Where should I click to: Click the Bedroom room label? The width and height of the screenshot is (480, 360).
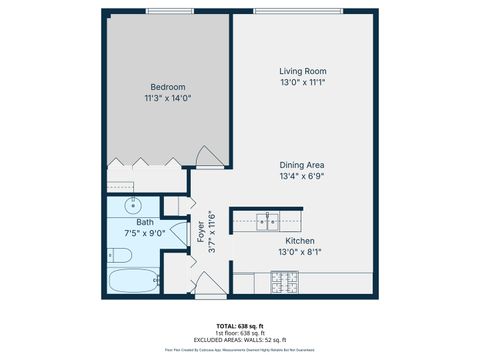pos(167,87)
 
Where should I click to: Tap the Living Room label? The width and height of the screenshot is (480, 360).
pos(303,72)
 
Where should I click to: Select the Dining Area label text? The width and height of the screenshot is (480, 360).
pos(303,165)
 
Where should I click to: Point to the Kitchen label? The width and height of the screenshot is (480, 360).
pos(301,241)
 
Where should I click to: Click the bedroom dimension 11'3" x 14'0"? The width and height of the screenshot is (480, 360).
pos(167,98)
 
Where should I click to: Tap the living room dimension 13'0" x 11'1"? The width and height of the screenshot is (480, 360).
pos(303,83)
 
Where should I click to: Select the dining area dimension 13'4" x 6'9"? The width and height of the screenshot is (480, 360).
pos(303,176)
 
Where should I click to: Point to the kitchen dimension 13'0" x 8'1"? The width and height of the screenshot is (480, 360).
pos(301,252)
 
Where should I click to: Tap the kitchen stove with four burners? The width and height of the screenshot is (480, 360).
pos(285,286)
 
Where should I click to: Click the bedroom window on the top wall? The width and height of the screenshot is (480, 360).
pos(165,11)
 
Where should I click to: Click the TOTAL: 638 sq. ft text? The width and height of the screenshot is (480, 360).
pos(240,326)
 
